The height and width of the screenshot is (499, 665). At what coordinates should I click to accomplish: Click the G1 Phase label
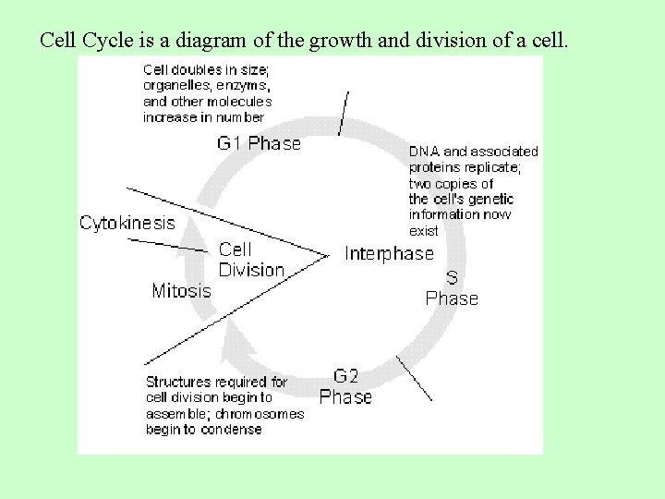tap(259, 143)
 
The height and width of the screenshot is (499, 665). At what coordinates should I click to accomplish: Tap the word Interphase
tap(389, 253)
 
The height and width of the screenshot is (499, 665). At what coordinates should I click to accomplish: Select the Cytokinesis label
tap(127, 223)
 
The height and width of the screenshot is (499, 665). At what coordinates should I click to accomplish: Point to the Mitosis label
tap(181, 291)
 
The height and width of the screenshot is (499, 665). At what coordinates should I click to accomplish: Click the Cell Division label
tap(250, 260)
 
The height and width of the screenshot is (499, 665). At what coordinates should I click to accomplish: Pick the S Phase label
tap(452, 288)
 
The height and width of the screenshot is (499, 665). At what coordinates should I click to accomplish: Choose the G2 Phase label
tap(345, 386)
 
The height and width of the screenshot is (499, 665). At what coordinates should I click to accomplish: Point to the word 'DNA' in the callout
tap(425, 152)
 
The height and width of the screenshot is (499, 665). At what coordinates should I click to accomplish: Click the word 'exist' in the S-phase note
tap(424, 231)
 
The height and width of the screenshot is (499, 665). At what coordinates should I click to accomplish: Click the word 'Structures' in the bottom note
tap(176, 382)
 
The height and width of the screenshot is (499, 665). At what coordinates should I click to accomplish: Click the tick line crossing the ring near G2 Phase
tap(413, 377)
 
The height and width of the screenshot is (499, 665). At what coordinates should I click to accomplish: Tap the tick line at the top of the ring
tap(344, 113)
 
